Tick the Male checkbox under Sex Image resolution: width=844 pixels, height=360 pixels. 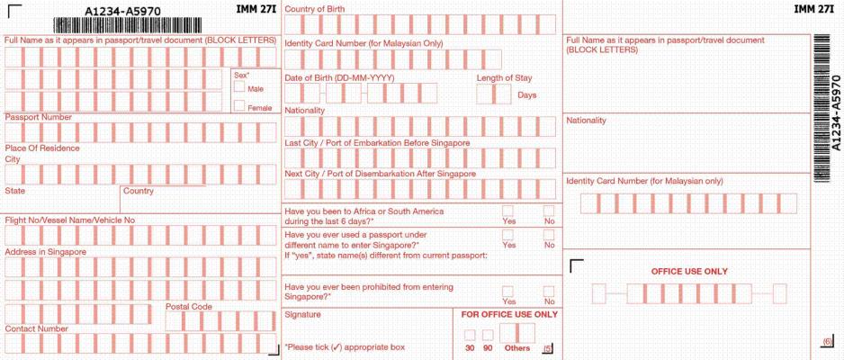(x=238, y=87)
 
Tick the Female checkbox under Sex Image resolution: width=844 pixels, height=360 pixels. (x=238, y=106)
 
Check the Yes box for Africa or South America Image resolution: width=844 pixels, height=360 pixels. (x=507, y=211)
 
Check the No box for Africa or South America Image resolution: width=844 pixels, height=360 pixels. (x=549, y=211)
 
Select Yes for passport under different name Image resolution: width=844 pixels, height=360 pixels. (x=507, y=235)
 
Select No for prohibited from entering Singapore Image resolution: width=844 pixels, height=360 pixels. (x=549, y=291)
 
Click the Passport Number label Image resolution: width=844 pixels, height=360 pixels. (x=38, y=117)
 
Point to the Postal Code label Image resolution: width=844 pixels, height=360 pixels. (x=188, y=307)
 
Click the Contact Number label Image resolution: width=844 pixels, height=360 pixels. (x=36, y=328)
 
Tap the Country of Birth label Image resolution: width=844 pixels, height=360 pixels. (x=314, y=9)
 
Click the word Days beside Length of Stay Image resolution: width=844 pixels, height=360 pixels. (x=527, y=95)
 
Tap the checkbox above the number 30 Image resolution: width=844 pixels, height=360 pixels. (x=469, y=335)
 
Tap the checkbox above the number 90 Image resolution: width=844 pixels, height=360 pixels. (x=488, y=335)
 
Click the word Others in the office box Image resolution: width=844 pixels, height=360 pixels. (x=517, y=347)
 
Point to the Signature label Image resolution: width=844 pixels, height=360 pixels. (x=303, y=315)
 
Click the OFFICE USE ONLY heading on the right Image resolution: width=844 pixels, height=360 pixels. (x=689, y=271)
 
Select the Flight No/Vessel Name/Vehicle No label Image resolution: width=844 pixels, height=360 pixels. (x=69, y=220)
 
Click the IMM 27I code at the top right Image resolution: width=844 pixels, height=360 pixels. (x=813, y=9)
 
